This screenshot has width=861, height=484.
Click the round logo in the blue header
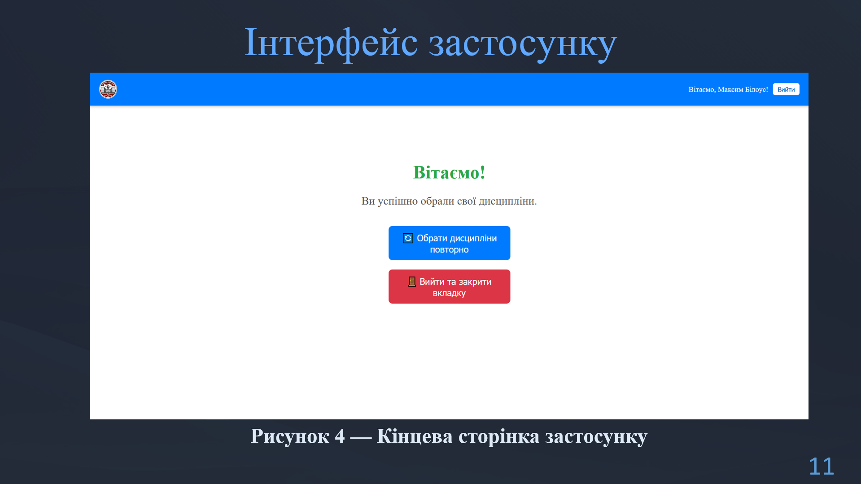pyautogui.click(x=108, y=89)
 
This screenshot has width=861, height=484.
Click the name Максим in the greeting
pyautogui.click(x=730, y=90)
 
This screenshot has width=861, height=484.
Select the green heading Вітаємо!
pyautogui.click(x=449, y=173)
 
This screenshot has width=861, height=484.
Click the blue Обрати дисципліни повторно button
pyautogui.click(x=449, y=243)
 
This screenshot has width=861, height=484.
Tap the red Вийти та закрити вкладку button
pyautogui.click(x=449, y=287)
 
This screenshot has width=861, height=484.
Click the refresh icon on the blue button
pyautogui.click(x=408, y=238)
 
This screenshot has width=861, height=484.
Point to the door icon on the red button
pyautogui.click(x=412, y=282)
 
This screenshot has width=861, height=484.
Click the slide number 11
pyautogui.click(x=821, y=467)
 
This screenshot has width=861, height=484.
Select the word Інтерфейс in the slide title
pyautogui.click(x=331, y=43)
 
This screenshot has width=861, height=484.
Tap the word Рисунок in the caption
pyautogui.click(x=290, y=436)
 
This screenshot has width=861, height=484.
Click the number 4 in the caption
pyautogui.click(x=340, y=436)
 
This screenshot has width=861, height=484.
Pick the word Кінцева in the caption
pyautogui.click(x=415, y=436)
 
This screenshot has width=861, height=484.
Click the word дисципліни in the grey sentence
pyautogui.click(x=507, y=201)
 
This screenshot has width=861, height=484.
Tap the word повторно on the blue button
pyautogui.click(x=449, y=250)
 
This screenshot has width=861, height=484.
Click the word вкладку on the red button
pyautogui.click(x=449, y=293)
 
